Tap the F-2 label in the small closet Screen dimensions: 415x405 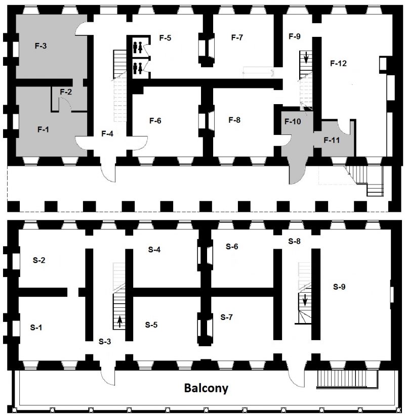tap(66, 91)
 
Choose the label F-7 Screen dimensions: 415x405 tap(237, 37)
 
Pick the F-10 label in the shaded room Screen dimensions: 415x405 tap(292, 121)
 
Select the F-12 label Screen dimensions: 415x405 tap(338, 63)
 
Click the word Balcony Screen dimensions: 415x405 tap(206, 389)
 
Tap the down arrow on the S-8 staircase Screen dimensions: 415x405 tap(305, 301)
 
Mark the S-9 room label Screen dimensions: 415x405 tap(340, 286)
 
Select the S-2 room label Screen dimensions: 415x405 tap(39, 260)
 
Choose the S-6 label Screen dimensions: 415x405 tap(232, 246)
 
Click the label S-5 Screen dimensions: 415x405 tap(151, 325)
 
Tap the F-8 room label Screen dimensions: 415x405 tap(234, 120)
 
